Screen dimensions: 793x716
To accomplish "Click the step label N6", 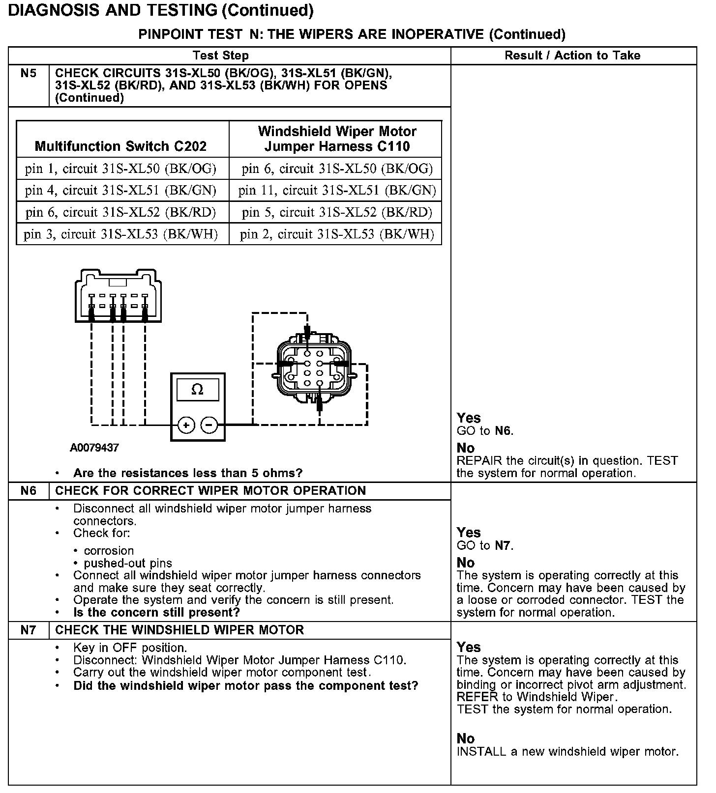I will (x=29, y=491).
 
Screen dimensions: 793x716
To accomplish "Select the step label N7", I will (x=29, y=630).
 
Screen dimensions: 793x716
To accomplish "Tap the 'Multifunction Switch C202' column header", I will (x=121, y=146).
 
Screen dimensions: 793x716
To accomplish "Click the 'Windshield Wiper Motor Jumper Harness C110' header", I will (x=337, y=139).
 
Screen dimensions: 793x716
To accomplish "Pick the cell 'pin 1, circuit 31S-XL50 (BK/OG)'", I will (x=121, y=169).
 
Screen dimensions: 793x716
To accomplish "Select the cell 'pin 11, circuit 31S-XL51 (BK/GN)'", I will (x=337, y=190).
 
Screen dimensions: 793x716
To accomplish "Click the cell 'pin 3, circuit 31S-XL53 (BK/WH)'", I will (x=121, y=234).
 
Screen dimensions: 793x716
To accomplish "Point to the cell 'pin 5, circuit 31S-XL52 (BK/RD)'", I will (x=337, y=212).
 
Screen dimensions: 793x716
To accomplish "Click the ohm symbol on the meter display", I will (x=197, y=390).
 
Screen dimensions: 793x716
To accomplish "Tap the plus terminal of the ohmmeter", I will (x=186, y=425).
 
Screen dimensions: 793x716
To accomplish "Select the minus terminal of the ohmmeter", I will (x=210, y=425).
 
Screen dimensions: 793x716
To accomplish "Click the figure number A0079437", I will (x=94, y=448).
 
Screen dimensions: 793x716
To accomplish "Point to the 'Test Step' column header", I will (x=221, y=56).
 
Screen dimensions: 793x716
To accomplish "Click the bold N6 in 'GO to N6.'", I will (x=503, y=431).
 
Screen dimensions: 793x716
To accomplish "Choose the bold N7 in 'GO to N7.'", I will (x=503, y=545).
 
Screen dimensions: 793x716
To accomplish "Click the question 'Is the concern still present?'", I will (x=156, y=612).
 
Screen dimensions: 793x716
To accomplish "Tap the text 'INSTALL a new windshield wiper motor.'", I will (x=567, y=751).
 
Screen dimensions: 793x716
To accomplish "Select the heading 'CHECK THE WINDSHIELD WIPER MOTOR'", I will (x=179, y=630).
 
